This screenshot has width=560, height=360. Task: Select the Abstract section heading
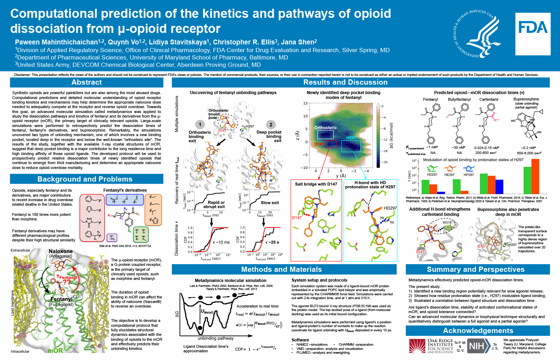pos(86,83)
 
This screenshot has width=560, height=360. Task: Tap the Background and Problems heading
pos(85,179)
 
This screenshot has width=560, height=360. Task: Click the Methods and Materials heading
pos(281,269)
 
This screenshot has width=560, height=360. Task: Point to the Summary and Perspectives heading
pos(476,269)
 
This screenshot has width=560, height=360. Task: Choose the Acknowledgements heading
pos(478,331)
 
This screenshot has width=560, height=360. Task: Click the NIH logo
pos(476,346)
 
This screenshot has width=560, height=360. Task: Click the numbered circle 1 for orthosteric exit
pos(200,125)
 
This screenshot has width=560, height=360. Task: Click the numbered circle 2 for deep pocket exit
pos(271,125)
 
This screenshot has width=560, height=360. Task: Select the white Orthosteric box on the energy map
pos(325,134)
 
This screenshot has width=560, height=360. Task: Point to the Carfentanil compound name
pos(489,100)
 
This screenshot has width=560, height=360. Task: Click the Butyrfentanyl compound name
pos(459,100)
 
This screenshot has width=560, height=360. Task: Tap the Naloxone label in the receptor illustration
pos(61,251)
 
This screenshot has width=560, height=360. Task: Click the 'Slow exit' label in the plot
pos(270,203)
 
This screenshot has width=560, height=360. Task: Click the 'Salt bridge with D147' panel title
pos(316,184)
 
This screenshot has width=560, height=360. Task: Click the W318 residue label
pos(447,223)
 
